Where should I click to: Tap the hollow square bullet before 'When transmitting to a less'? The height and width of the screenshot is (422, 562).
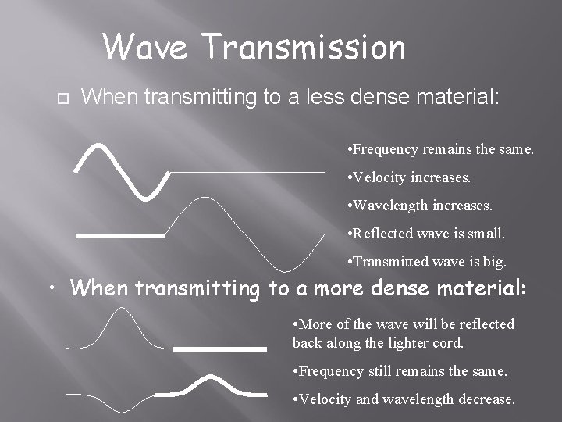pos(62,99)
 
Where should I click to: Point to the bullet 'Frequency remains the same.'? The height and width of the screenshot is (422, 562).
pos(441,148)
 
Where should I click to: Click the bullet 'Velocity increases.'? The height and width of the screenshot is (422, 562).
pos(410,177)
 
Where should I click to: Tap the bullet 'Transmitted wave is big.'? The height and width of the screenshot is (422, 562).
pos(426,262)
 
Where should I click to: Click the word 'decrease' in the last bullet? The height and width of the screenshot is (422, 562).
pos(487,399)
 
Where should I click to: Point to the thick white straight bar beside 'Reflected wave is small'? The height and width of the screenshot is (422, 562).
pos(121,234)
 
